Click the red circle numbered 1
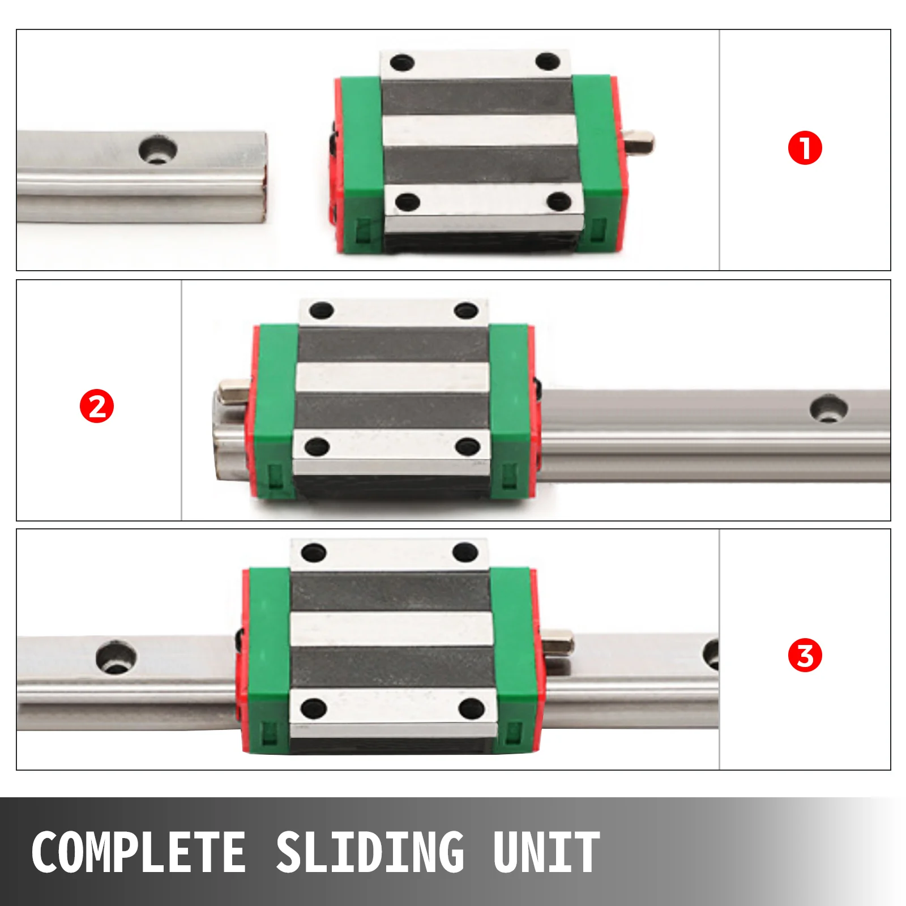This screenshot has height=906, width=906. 805,148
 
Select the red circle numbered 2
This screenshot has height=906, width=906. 97,406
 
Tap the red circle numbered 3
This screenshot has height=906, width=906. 805,655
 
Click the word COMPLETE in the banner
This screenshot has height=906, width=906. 139,852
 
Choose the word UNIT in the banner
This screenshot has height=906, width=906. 546,852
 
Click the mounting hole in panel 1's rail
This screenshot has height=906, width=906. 158,149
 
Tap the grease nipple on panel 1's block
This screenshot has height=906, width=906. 639,141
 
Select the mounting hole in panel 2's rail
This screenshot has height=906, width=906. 828,409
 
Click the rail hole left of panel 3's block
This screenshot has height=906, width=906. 117,657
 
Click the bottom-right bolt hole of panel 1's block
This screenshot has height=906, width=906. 560,201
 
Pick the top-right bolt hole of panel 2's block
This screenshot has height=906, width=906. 467,310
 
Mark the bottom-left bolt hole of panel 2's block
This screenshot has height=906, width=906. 317,447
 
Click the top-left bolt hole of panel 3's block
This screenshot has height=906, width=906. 314,553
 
